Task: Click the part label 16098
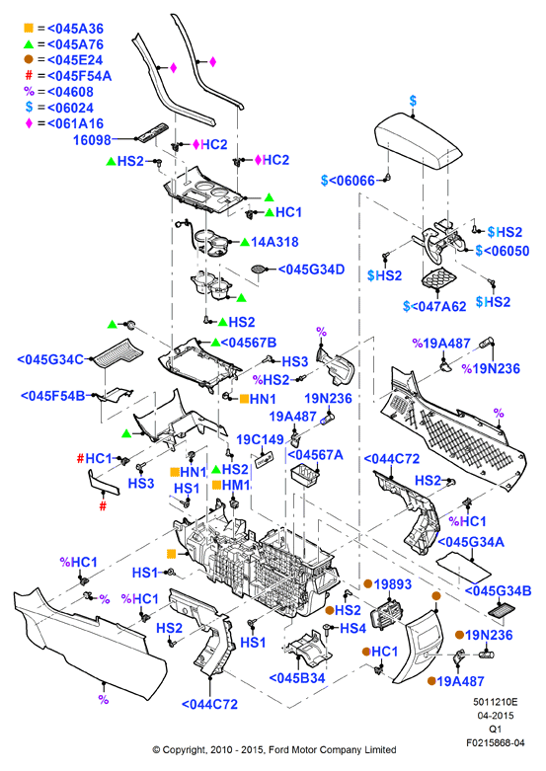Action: click(x=92, y=140)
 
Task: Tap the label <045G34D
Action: click(x=311, y=270)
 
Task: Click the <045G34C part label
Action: click(x=50, y=359)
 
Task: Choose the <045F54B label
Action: click(x=52, y=396)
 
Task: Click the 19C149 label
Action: click(x=261, y=439)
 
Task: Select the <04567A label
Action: click(x=315, y=455)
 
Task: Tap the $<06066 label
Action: click(x=348, y=181)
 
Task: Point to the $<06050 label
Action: click(x=503, y=251)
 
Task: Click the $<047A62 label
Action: click(x=434, y=306)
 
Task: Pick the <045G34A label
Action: click(x=471, y=542)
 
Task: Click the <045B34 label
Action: click(x=297, y=678)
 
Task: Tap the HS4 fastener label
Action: click(x=352, y=629)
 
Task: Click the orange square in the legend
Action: click(x=29, y=28)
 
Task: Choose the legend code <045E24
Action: click(x=75, y=60)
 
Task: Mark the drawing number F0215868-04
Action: click(x=496, y=743)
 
